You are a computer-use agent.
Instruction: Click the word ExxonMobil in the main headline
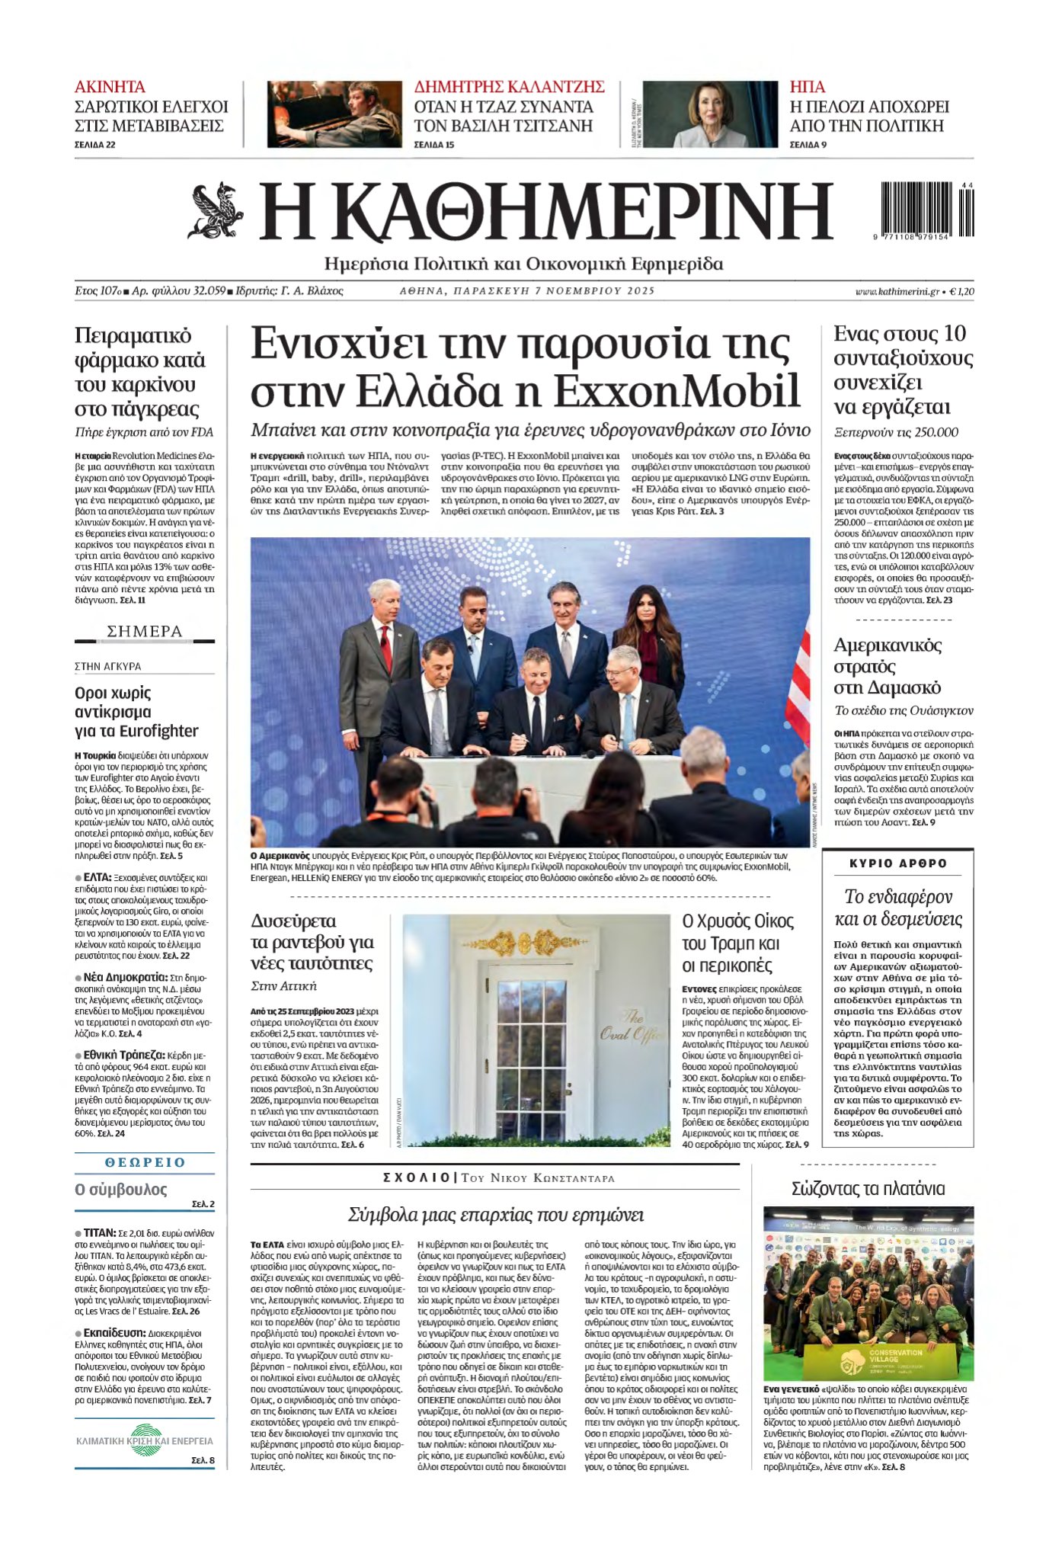tap(676, 389)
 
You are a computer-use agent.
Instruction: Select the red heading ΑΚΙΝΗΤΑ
tap(110, 87)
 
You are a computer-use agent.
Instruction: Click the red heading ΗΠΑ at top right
tap(807, 87)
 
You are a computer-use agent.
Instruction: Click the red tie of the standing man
tap(386, 647)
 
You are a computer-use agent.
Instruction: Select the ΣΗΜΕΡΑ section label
tap(145, 631)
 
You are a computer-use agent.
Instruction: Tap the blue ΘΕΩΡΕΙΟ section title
tap(145, 1162)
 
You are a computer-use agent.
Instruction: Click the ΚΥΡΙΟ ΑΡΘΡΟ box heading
tap(898, 863)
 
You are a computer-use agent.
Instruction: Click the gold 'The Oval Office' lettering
tap(632, 1025)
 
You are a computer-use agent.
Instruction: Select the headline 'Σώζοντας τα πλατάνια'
tap(868, 1188)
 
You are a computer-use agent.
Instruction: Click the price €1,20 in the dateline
tap(962, 291)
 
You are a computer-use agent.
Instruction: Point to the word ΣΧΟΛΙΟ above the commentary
tap(416, 1177)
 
